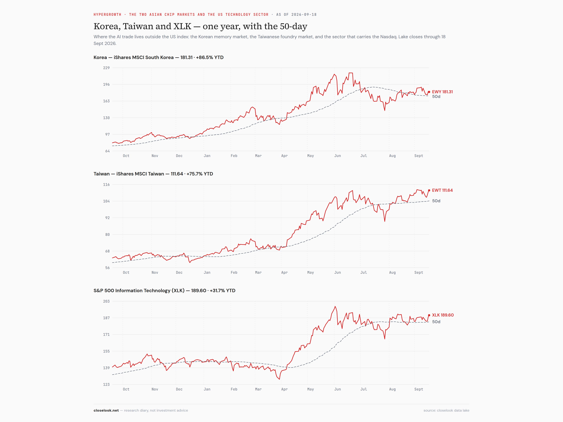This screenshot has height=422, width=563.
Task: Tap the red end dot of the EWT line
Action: click(x=429, y=190)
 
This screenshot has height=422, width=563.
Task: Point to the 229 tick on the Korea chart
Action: click(x=106, y=68)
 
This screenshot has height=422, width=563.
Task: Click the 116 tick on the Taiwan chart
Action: click(x=106, y=184)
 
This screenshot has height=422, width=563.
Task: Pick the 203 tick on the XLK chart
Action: click(x=106, y=301)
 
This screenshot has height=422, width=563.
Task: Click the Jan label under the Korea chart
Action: click(x=207, y=156)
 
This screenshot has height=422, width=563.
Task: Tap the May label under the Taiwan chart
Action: click(x=311, y=273)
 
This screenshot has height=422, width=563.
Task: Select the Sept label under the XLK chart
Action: click(x=419, y=389)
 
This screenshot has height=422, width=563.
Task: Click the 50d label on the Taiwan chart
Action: click(x=436, y=201)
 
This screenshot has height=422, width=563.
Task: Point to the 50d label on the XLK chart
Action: click(x=436, y=322)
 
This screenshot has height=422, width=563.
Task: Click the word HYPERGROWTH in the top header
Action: click(x=107, y=14)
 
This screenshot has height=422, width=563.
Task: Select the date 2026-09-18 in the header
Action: click(x=304, y=14)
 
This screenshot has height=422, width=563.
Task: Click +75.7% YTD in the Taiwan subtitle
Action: click(x=200, y=174)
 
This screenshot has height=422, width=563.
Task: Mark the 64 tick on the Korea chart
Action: click(x=107, y=151)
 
